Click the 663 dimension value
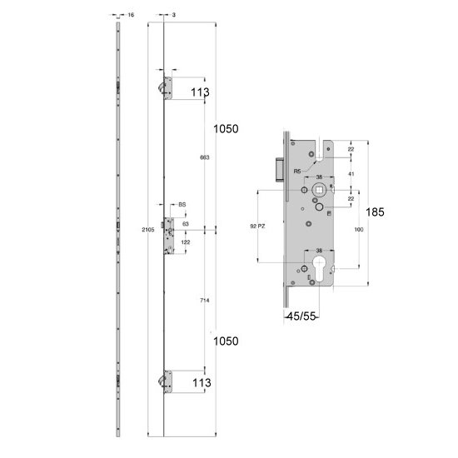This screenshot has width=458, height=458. tap(204, 157)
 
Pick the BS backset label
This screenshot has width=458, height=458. tap(182, 204)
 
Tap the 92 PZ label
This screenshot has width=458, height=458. tap(258, 227)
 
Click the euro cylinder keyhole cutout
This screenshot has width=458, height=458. tap(319, 271)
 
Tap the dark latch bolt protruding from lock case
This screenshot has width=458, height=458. tap(277, 165)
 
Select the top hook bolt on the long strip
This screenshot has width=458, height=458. tap(160, 87)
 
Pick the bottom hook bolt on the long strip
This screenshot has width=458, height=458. tap(160, 381)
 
